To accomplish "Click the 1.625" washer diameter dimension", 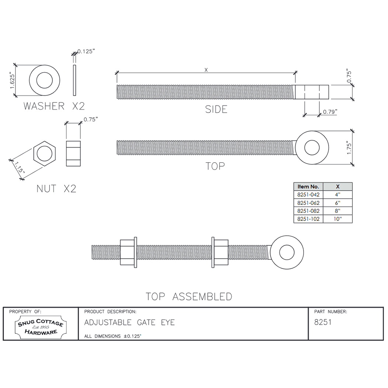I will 12,80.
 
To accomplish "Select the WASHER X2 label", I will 54,106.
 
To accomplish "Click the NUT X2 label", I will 56,188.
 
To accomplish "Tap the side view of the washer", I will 75,80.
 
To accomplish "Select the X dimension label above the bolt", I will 206,70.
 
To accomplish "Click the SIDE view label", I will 216,110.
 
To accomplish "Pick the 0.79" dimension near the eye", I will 330,112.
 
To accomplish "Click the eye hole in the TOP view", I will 312,148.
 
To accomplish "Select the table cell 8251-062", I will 308,203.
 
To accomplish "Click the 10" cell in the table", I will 337,219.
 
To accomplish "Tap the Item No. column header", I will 308,187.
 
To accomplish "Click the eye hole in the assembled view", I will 287,253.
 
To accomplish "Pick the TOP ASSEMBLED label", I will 189,297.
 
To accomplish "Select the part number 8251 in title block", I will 323,322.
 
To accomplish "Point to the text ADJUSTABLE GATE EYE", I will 129,323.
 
